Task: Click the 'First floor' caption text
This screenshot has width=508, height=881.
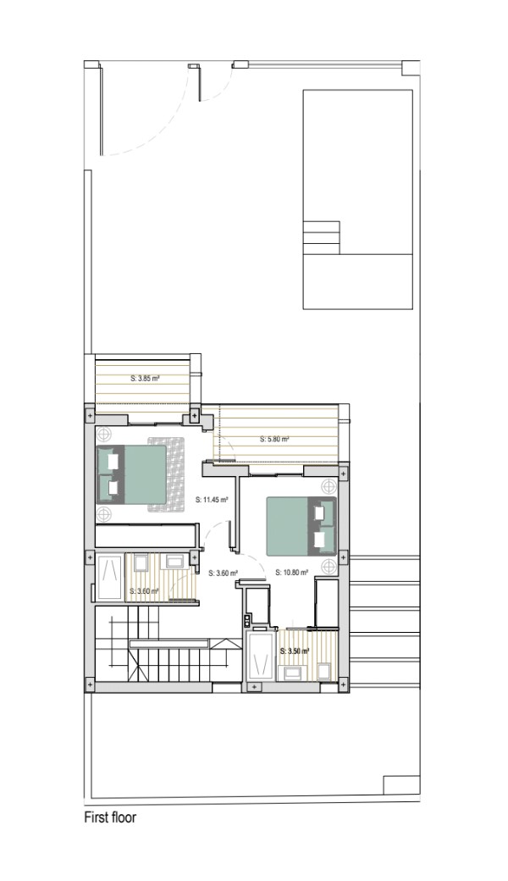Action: click(110, 817)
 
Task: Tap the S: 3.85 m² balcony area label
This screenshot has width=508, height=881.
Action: click(145, 379)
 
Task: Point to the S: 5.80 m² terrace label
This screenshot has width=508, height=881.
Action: click(274, 440)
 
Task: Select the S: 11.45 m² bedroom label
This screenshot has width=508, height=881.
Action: click(211, 498)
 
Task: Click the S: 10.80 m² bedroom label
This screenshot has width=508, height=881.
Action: click(292, 573)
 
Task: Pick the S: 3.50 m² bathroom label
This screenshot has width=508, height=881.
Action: click(295, 651)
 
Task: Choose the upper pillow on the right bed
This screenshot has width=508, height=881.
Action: click(322, 513)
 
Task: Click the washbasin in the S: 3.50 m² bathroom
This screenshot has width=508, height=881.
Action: click(292, 673)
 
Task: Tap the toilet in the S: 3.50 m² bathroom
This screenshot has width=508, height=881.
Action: click(324, 672)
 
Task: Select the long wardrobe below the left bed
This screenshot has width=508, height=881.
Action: click(146, 535)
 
